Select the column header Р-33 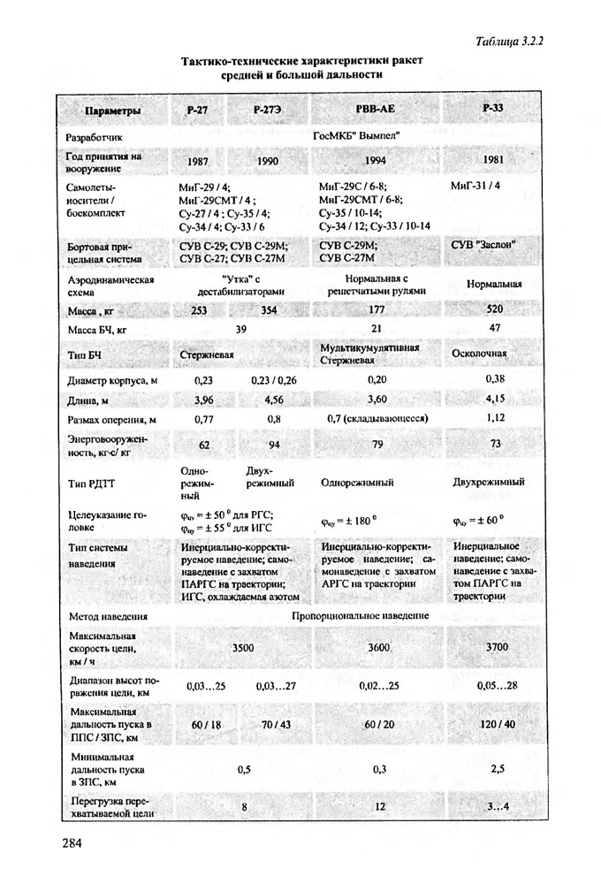tap(493, 107)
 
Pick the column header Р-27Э tap(266, 110)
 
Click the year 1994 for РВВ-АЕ tap(377, 162)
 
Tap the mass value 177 tap(377, 310)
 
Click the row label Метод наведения tap(106, 615)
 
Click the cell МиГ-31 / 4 tap(475, 187)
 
